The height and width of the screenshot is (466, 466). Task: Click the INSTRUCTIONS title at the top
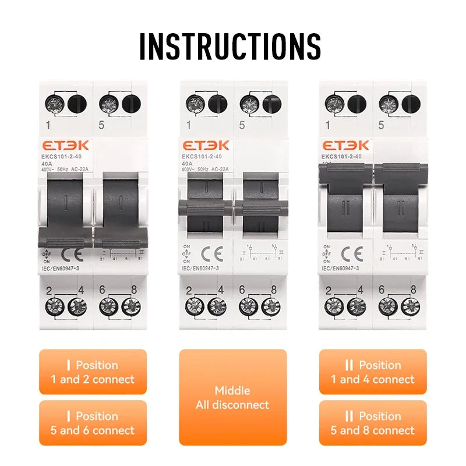(x=230, y=46)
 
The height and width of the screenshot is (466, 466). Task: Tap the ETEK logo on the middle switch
(x=206, y=146)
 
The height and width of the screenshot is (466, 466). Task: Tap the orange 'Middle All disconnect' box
(x=232, y=397)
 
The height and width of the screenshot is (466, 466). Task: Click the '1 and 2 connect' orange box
(x=93, y=372)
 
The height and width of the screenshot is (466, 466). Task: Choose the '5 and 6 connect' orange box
(x=93, y=423)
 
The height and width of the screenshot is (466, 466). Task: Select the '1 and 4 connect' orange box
(x=373, y=372)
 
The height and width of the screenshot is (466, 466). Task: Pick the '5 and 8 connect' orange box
(x=373, y=423)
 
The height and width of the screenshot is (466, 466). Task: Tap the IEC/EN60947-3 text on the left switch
(x=64, y=268)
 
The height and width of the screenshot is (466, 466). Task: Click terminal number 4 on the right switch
(x=361, y=290)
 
